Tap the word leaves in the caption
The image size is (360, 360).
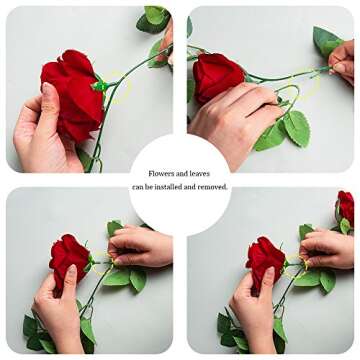pyautogui.click(x=197, y=172)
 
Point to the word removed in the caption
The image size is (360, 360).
pyautogui.click(x=211, y=186)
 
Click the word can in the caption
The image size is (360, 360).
pyautogui.click(x=140, y=186)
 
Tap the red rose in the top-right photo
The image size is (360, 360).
pyautogui.click(x=217, y=76)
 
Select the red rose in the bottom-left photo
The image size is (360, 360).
pyautogui.click(x=70, y=258)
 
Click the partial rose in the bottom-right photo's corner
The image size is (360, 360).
pyautogui.click(x=345, y=207)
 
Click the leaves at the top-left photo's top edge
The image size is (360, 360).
pyautogui.click(x=152, y=18)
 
